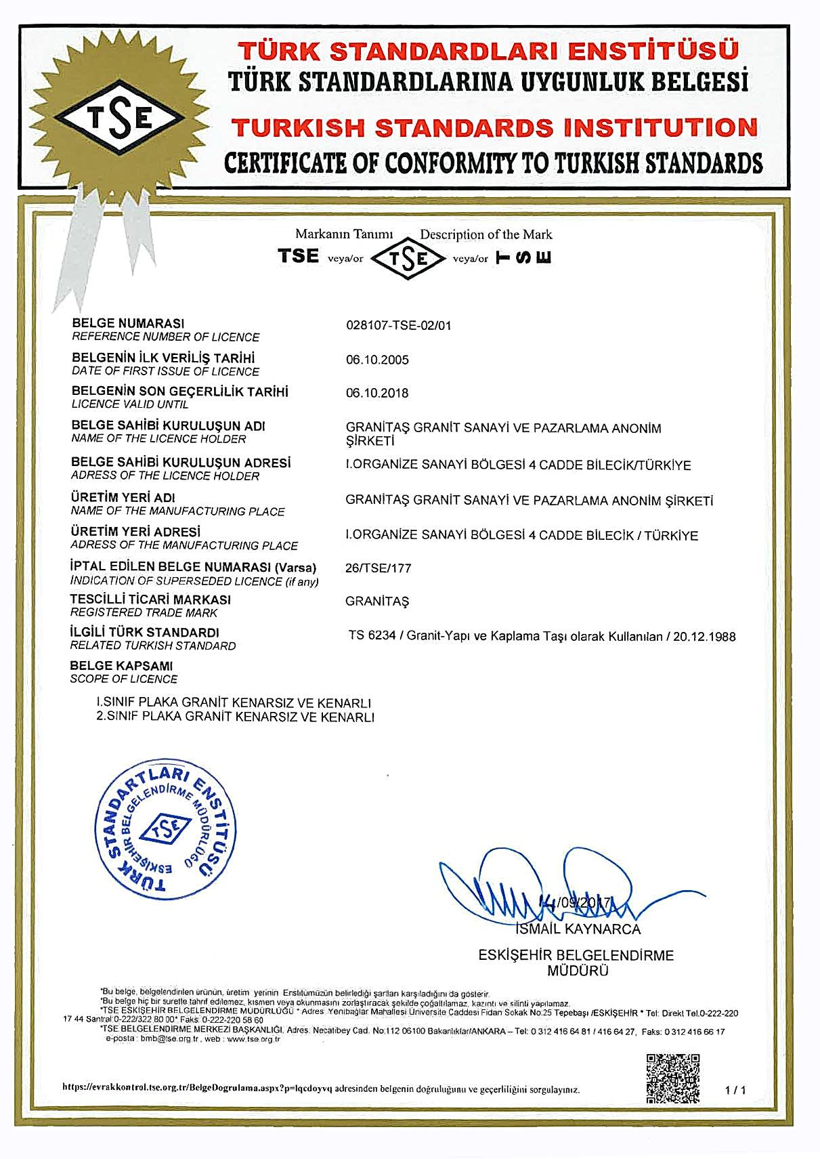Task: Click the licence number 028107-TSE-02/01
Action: (398, 326)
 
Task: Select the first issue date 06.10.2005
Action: (377, 360)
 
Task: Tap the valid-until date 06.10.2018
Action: (377, 393)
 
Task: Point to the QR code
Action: (672, 1078)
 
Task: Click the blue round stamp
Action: (165, 832)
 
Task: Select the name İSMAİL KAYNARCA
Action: (578, 929)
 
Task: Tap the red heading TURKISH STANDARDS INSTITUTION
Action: (494, 128)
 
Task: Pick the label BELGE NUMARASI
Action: (128, 323)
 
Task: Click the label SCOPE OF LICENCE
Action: (123, 679)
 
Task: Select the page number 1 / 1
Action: (735, 1090)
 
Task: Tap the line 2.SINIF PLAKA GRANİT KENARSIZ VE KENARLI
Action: (235, 717)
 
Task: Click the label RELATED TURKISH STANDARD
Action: (152, 646)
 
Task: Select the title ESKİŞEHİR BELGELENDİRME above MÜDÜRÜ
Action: (576, 955)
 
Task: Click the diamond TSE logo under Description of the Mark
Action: (408, 258)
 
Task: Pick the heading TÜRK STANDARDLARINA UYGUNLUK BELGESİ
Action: (488, 83)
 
